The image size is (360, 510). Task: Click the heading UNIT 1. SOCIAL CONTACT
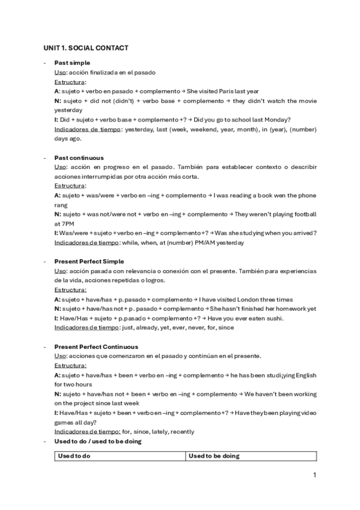tap(85, 47)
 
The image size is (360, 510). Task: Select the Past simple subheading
tap(72, 63)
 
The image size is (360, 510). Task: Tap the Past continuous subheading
tap(79, 158)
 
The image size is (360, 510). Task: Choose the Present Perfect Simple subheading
tap(89, 262)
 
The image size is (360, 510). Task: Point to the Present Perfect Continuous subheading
tap(96, 347)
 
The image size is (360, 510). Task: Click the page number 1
tap(314, 475)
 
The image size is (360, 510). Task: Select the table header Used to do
tap(74, 456)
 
